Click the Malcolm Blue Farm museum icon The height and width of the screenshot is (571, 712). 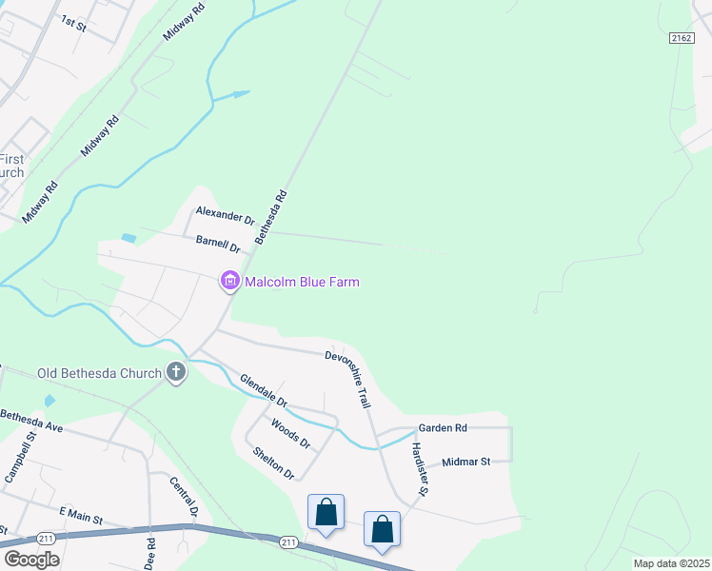tap(229, 282)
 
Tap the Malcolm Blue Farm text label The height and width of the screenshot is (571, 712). tap(302, 283)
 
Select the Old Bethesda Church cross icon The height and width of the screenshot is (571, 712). tap(175, 372)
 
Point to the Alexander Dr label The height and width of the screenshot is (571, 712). tap(226, 215)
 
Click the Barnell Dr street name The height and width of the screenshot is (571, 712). tap(218, 244)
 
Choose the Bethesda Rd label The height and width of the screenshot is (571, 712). tap(270, 218)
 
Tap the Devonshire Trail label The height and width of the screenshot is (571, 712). tap(347, 379)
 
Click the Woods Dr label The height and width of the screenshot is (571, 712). tap(290, 433)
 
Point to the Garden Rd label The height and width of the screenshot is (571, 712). tap(443, 428)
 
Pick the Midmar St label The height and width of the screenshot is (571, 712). tap(465, 462)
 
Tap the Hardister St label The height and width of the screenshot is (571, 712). tap(419, 472)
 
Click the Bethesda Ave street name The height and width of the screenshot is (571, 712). tap(31, 422)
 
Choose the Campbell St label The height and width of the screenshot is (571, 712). tap(20, 457)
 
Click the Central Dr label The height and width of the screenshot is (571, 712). tap(183, 497)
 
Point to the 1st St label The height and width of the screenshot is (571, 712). tap(73, 24)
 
